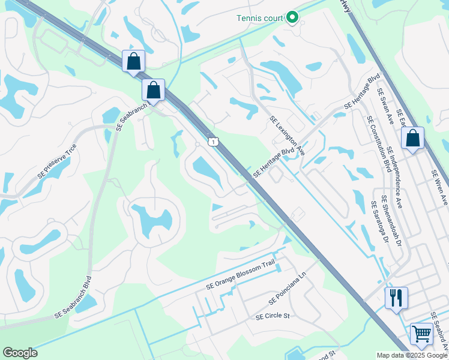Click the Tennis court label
(259, 18)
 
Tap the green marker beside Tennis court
(292, 18)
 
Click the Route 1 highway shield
(212, 142)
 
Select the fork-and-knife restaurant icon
(396, 298)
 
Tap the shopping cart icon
(421, 334)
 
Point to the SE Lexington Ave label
(287, 136)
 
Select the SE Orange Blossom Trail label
(240, 277)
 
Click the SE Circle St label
(273, 316)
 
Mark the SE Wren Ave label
(439, 187)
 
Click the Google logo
(20, 353)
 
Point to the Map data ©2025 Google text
(412, 355)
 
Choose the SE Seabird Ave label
(440, 334)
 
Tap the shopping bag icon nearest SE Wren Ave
(412, 139)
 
